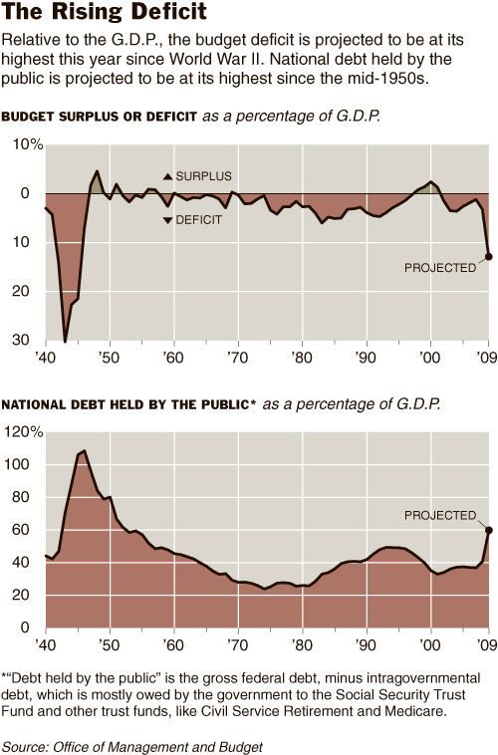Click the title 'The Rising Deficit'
105,14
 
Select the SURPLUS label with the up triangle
198,175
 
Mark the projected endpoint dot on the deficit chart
489,256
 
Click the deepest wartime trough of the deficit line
65,341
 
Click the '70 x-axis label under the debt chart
237,644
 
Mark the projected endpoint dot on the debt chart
489,530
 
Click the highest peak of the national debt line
83,451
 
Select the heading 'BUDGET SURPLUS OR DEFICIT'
100,117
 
